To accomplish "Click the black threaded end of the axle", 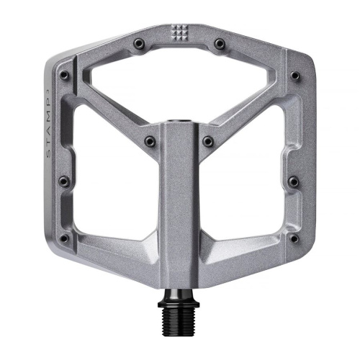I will (180, 328).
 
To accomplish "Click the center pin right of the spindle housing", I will (208, 140).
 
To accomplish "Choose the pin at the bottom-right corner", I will (294, 238).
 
